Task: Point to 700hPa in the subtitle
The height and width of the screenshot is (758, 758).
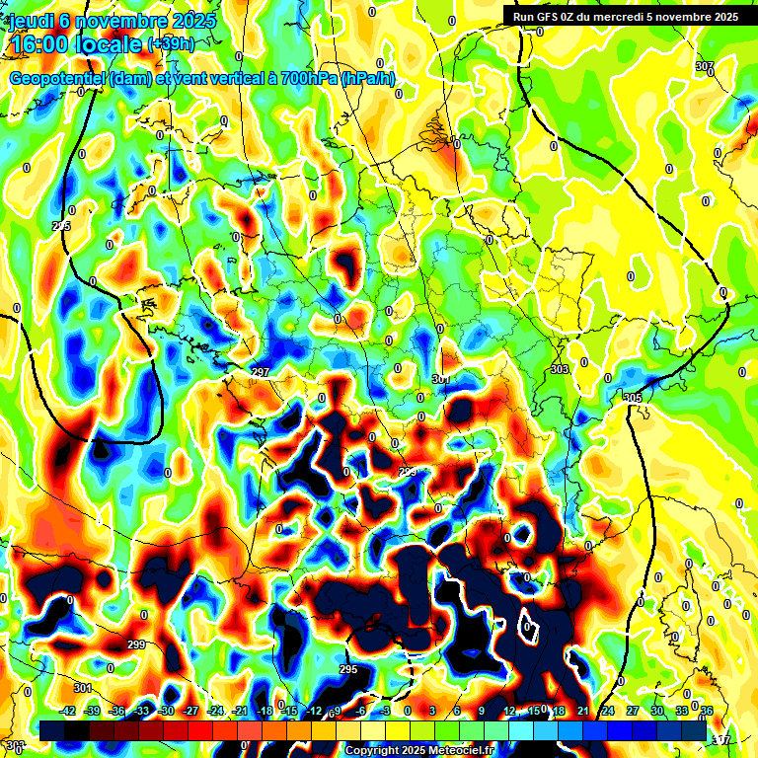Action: pyautogui.click(x=304, y=79)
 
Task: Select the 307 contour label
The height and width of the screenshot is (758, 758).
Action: pyautogui.click(x=704, y=66)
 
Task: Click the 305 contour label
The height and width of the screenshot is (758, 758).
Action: pyautogui.click(x=632, y=397)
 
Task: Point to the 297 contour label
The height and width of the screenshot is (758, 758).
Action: pyautogui.click(x=261, y=372)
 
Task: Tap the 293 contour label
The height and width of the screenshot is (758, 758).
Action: pyautogui.click(x=408, y=473)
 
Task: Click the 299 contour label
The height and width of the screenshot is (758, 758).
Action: pyautogui.click(x=136, y=644)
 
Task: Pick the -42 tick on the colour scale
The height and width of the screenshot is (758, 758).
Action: pyautogui.click(x=68, y=711)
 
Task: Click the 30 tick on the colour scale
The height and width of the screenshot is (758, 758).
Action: pyautogui.click(x=657, y=711)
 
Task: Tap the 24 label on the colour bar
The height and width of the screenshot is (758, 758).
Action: pyautogui.click(x=608, y=711)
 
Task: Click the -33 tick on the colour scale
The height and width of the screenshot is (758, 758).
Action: pyautogui.click(x=141, y=711)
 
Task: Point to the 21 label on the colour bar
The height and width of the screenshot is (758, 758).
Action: pyautogui.click(x=583, y=711)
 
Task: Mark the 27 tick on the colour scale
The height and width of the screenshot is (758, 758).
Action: pyautogui.click(x=633, y=711)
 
